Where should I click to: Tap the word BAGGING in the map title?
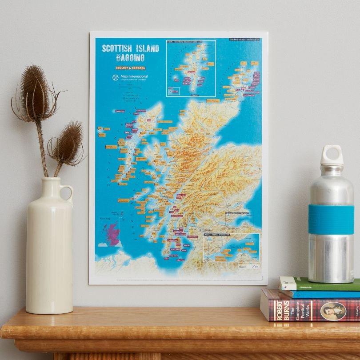(130, 58)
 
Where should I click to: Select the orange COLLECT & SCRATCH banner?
(130, 68)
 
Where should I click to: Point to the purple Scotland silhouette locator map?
(114, 234)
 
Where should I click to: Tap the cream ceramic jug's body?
(49, 253)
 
